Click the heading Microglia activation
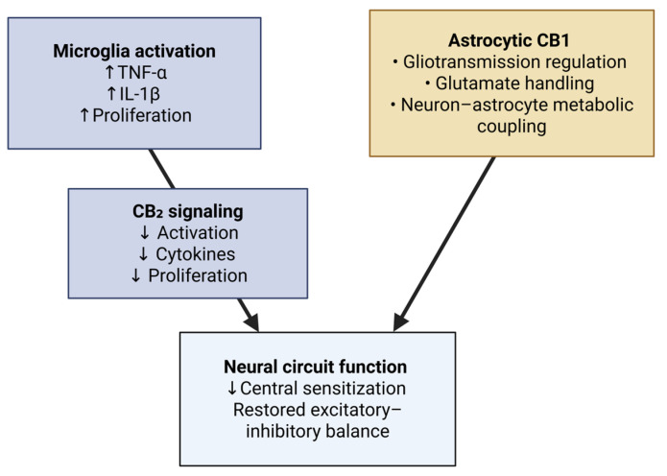point(134,51)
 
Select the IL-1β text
point(134,94)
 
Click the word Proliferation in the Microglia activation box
point(140,115)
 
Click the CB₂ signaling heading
point(187,212)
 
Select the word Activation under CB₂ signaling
point(199,233)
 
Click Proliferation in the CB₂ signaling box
point(198,275)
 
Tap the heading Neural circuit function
point(316,367)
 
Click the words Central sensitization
point(323,388)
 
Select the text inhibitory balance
point(317,431)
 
